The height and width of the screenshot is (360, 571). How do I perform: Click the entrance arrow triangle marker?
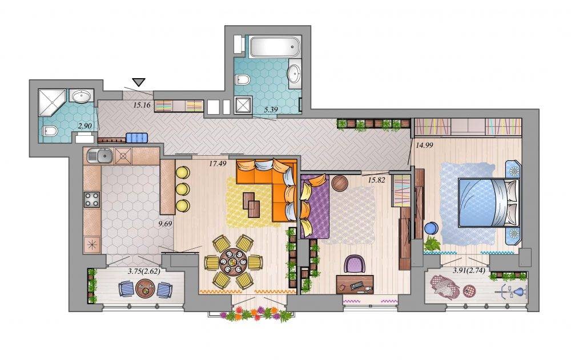(139, 82)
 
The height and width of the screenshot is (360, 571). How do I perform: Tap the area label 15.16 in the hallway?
(142, 106)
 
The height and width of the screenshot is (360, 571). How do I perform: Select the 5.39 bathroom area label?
(270, 109)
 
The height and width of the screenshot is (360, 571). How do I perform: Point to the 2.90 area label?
(85, 126)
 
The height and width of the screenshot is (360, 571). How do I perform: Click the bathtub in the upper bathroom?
(275, 46)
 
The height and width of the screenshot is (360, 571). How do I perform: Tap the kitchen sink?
(100, 156)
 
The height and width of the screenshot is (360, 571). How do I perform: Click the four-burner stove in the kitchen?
(92, 200)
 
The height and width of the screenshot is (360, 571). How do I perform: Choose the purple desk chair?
(355, 264)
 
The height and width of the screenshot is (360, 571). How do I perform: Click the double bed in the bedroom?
(488, 203)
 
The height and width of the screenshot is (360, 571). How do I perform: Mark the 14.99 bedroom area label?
(425, 145)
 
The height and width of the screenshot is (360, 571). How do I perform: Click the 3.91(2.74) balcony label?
(469, 270)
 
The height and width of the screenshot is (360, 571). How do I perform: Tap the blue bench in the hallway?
(137, 138)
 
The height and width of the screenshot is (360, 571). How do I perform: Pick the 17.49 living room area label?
(218, 164)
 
